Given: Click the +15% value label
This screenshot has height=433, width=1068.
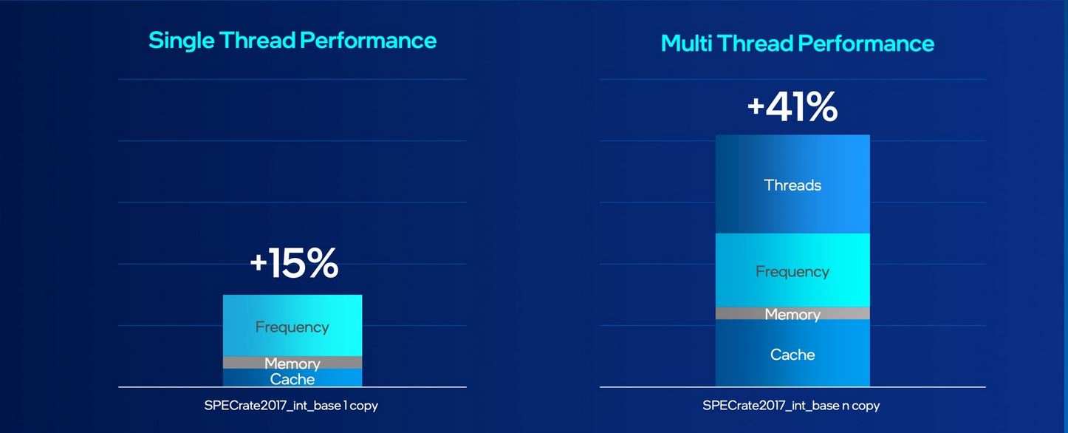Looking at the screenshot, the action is [x=294, y=263].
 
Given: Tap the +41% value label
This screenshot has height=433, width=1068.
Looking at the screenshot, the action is [x=793, y=107].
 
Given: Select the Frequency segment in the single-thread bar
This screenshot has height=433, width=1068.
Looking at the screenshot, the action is [x=292, y=326].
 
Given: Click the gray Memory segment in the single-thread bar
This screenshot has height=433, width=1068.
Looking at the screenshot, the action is [x=292, y=362].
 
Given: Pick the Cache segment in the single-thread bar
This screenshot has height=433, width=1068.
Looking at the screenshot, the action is [x=292, y=378].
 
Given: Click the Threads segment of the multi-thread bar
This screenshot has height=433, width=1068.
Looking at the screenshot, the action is [x=793, y=184].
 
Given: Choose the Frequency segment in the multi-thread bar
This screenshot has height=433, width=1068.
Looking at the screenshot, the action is [x=793, y=270].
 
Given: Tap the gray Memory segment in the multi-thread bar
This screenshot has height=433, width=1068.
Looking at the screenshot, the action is [x=793, y=313].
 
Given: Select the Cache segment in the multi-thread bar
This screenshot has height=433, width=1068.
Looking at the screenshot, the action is [x=793, y=353].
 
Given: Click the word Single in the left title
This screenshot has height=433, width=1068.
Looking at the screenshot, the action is [x=181, y=41].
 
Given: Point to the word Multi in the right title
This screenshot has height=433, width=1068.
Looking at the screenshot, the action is [x=686, y=44].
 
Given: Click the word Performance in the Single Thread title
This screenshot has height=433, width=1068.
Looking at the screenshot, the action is [x=368, y=41].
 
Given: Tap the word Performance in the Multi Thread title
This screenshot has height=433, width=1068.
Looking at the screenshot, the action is [x=866, y=44].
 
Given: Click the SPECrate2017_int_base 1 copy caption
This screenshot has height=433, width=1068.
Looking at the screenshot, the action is [x=291, y=406].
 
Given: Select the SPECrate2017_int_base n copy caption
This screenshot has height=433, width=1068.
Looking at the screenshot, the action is [x=791, y=406].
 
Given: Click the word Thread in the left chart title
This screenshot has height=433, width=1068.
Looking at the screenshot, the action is [x=258, y=41].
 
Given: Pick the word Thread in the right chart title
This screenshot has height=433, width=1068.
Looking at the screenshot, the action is [x=755, y=44].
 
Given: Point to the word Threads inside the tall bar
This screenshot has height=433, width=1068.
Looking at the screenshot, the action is [x=793, y=185].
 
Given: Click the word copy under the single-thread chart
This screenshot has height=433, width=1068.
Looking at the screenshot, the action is [x=363, y=406].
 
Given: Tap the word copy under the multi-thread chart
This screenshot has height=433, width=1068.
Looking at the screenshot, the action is [x=866, y=406].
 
